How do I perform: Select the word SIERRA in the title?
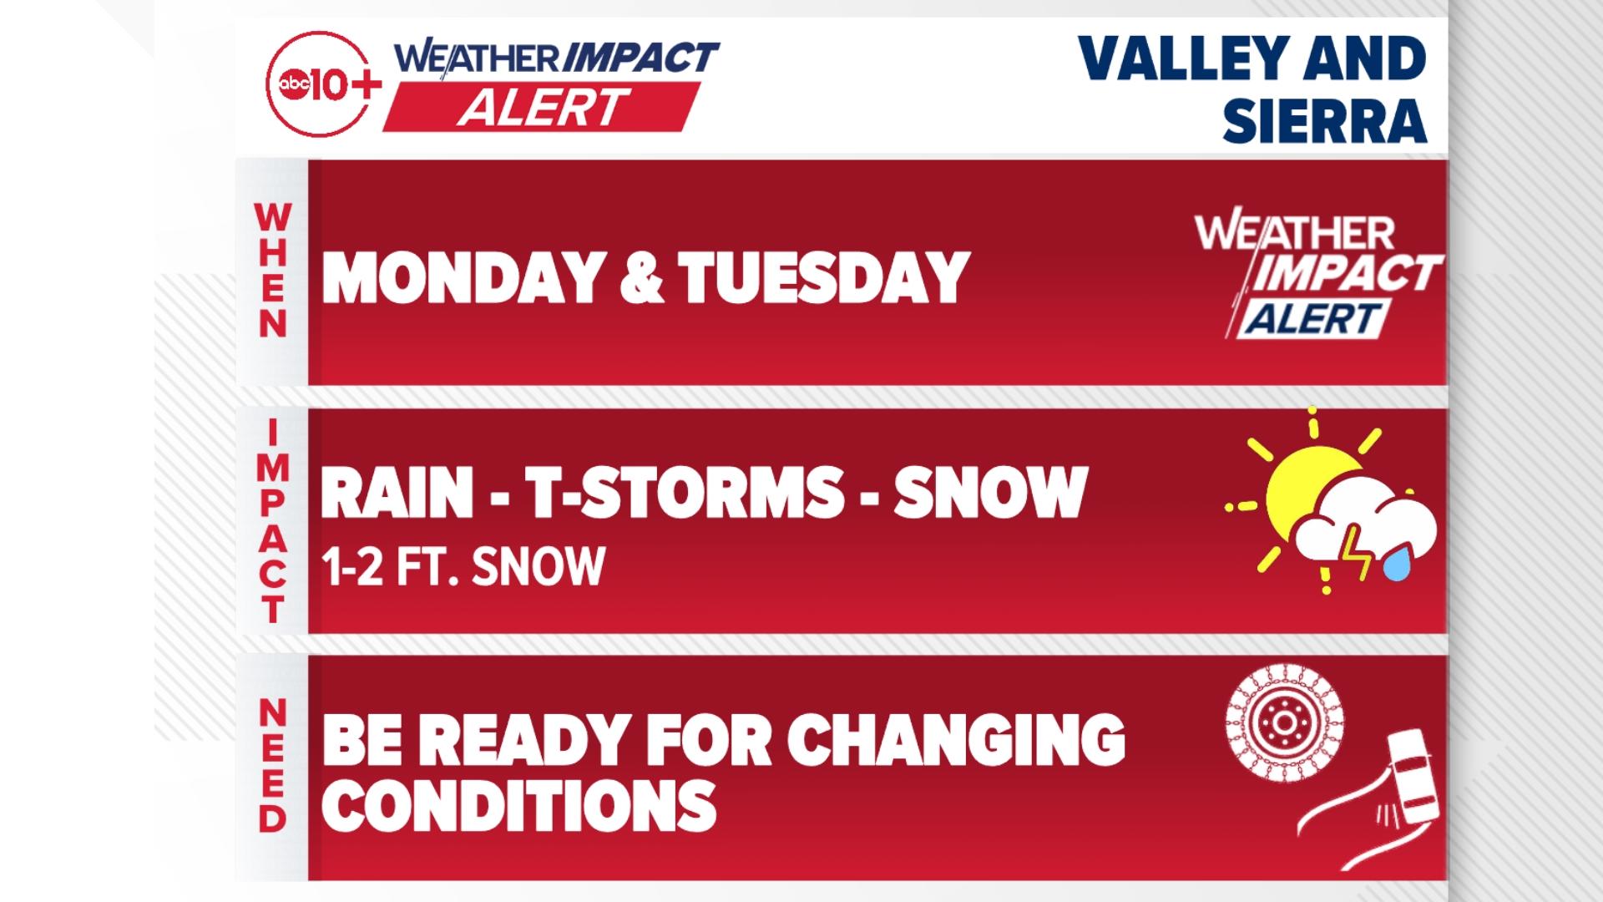click(1324, 119)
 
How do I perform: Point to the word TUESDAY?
click(823, 277)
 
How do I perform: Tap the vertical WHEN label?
click(272, 271)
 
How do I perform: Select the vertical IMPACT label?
click(272, 521)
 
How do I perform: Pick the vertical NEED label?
click(272, 765)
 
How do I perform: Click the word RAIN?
click(397, 493)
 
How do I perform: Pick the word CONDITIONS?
click(519, 805)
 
